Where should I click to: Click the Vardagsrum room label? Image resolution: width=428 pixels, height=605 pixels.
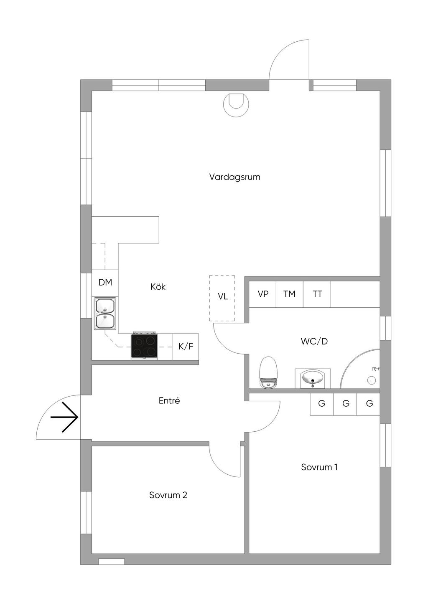[234, 177]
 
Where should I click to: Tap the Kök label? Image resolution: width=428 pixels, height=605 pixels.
[158, 286]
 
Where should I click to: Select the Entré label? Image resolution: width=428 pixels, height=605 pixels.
[169, 400]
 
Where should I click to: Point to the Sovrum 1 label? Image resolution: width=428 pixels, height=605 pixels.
[319, 467]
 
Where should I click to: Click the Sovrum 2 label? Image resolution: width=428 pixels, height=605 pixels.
[168, 495]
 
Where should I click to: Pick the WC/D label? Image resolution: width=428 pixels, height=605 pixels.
[314, 342]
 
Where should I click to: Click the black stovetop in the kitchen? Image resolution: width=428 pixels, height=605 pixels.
[144, 347]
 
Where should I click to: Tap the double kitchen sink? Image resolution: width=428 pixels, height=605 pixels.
[105, 314]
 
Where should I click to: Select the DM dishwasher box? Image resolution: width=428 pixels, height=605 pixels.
[105, 283]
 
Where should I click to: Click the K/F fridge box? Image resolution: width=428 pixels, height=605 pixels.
[186, 347]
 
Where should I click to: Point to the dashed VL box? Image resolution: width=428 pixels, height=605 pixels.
[222, 298]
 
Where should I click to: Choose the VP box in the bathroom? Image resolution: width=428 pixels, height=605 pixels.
[262, 294]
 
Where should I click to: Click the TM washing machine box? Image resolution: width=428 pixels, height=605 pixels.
[290, 294]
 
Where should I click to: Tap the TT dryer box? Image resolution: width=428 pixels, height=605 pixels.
[317, 294]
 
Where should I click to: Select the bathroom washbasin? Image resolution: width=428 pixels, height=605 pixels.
[313, 378]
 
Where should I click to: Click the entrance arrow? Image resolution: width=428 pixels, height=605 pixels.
[64, 417]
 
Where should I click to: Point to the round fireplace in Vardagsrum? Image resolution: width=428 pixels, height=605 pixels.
[236, 105]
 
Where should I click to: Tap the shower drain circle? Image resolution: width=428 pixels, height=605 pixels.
[372, 380]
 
